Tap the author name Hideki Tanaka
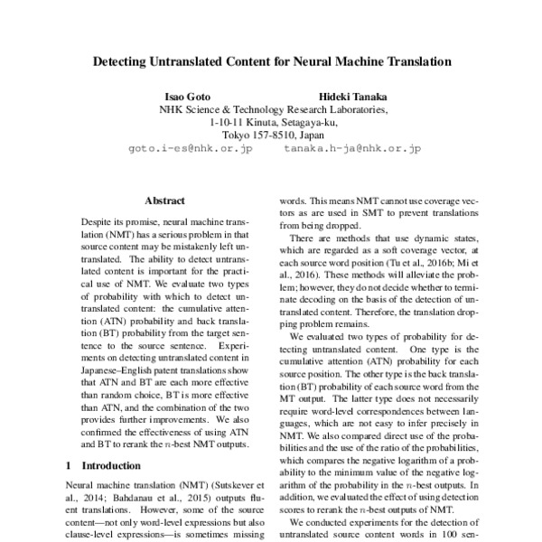point(351,96)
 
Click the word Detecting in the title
point(126,64)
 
